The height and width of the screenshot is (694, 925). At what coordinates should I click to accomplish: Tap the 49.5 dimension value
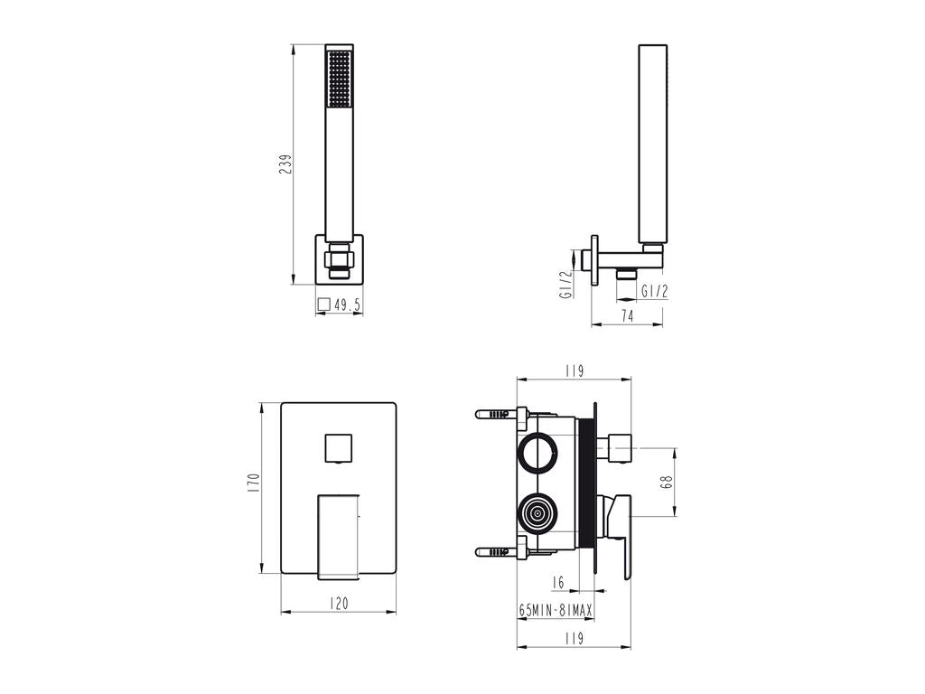[347, 305]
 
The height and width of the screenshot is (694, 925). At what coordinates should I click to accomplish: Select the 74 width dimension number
[627, 316]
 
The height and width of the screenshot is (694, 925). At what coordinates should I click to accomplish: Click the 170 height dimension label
[254, 483]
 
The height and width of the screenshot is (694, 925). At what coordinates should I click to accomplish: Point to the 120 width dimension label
[339, 603]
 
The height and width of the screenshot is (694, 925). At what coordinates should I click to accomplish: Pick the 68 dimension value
[668, 483]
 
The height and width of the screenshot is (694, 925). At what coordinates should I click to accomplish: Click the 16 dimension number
[558, 582]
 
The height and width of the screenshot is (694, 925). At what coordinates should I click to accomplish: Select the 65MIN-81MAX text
[556, 610]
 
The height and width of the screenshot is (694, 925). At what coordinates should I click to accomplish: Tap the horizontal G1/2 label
[655, 291]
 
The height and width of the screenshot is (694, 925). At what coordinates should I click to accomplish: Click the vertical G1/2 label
[566, 285]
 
